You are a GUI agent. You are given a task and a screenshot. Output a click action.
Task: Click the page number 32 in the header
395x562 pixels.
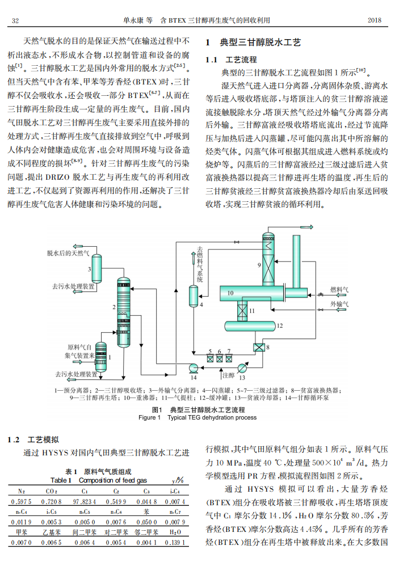(16, 20)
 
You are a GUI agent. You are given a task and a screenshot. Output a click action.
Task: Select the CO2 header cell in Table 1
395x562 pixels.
(52, 491)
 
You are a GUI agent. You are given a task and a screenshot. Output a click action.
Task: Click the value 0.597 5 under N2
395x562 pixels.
(21, 501)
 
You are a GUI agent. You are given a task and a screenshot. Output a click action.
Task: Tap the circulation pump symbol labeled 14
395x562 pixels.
(194, 367)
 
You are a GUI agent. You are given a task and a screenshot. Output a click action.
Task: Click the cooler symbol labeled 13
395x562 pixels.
(242, 367)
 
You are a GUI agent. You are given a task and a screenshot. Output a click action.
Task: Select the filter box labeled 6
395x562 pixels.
(219, 358)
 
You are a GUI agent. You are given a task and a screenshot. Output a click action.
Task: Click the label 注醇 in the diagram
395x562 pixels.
(228, 375)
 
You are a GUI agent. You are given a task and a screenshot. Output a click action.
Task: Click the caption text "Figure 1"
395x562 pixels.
(150, 417)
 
